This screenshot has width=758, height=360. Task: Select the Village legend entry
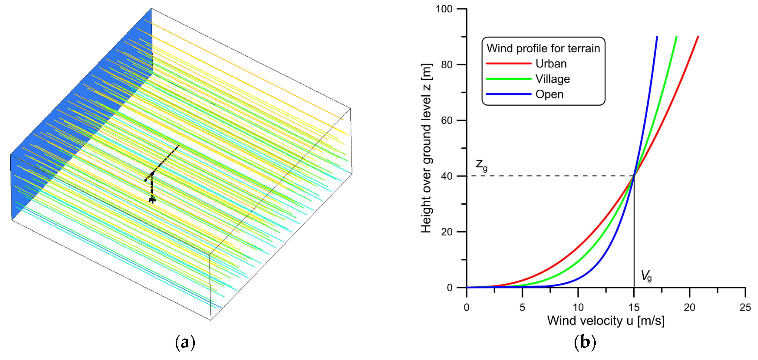pos(552,79)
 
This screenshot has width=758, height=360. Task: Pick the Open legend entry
pos(549,94)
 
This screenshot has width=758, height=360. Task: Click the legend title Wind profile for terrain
pos(543,48)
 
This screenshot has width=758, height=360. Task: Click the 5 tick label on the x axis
pos(522,307)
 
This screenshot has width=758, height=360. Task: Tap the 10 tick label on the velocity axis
pos(578,307)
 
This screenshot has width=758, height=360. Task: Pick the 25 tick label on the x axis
pos(745,307)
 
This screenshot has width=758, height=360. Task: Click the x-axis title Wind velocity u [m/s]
pos(606,321)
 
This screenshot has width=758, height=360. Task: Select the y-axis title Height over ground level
pos(426,148)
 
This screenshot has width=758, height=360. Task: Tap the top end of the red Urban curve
pos(698,37)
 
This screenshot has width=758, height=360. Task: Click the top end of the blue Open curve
pos(657,37)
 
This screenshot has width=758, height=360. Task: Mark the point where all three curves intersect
pos(634,176)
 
